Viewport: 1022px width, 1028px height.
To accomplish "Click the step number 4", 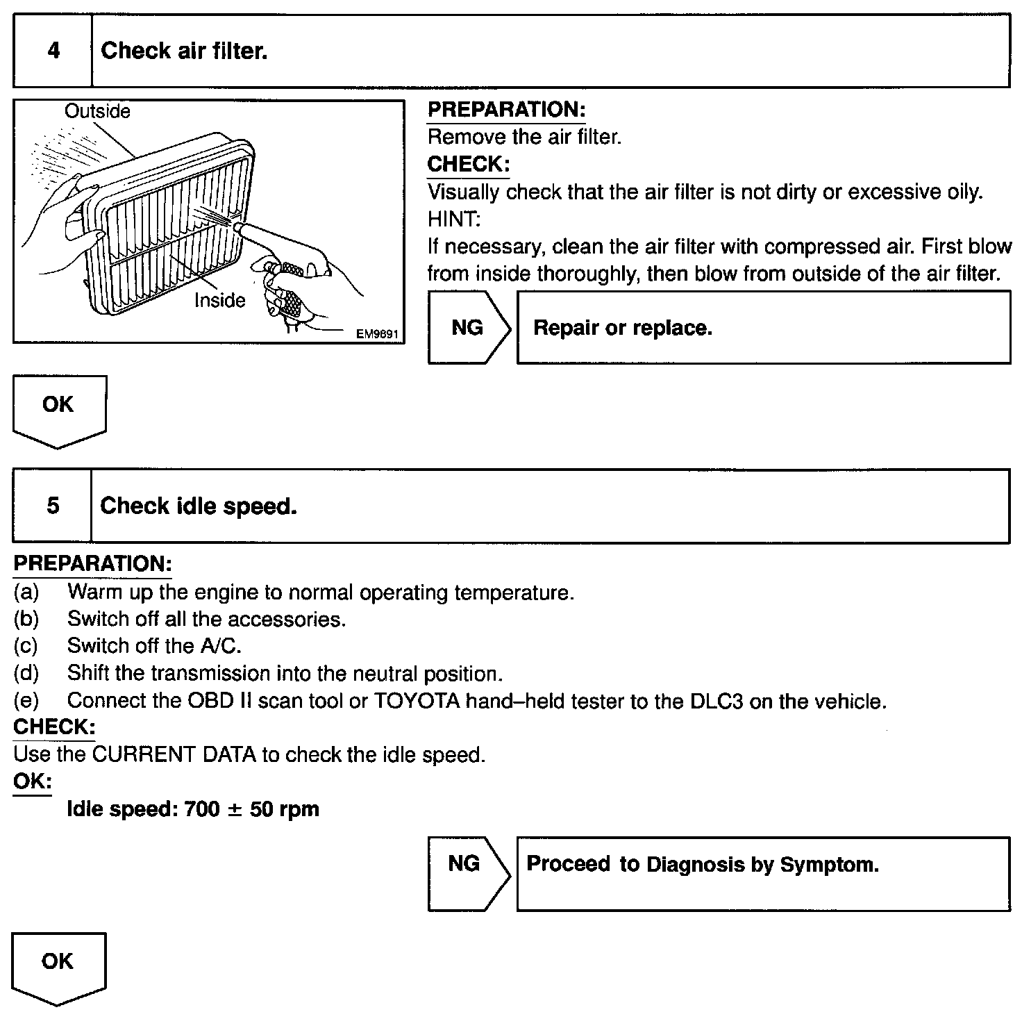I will coord(53,51).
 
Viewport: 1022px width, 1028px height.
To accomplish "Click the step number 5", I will coord(53,506).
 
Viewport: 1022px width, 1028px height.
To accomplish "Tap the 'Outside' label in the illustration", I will coord(97,111).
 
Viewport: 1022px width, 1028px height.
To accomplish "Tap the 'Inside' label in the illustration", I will coord(219,300).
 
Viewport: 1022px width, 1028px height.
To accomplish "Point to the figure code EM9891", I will coord(377,334).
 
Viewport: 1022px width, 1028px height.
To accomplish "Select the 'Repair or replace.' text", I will coord(623,328).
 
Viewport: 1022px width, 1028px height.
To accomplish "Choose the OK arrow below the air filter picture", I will coord(58,406).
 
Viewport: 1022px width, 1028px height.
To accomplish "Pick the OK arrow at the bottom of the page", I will coord(58,963).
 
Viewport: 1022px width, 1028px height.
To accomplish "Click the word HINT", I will coord(453,219).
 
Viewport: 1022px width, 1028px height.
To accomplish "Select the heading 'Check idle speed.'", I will coord(199,506).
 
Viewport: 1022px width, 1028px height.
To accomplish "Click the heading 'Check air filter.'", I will coord(184,51).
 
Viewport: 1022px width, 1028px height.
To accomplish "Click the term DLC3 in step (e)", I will coord(716,702).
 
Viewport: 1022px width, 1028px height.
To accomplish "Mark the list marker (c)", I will coord(26,647).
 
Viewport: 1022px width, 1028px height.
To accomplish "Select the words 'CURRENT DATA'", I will coord(174,755).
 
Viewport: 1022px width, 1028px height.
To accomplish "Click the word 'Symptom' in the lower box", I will coord(829,865).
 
